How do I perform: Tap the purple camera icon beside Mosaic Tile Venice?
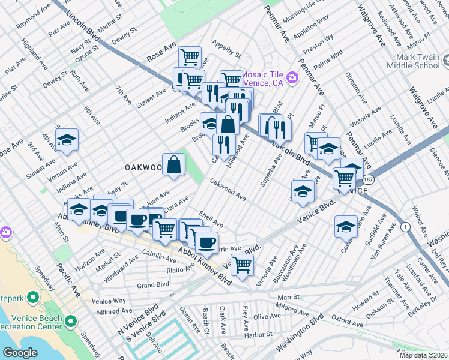click(x=292, y=77)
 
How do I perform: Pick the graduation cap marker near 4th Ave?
click(x=67, y=140)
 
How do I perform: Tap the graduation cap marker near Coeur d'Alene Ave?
click(x=345, y=227)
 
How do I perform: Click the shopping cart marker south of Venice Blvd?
click(x=242, y=264)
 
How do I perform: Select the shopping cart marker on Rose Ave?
click(x=190, y=58)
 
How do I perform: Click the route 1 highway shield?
click(x=406, y=226)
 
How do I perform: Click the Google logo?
click(x=20, y=353)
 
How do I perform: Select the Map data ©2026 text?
click(x=423, y=355)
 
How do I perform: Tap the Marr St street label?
click(x=288, y=297)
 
